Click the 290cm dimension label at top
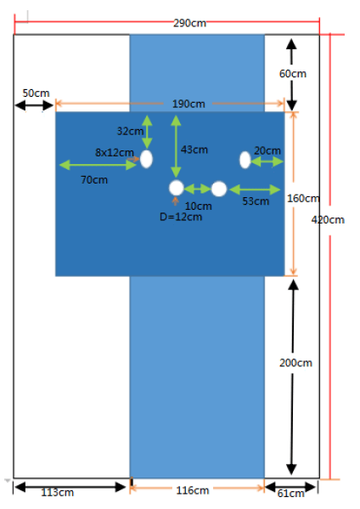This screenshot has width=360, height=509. (189, 23)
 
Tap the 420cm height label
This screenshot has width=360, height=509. (328, 220)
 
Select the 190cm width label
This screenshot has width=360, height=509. (188, 104)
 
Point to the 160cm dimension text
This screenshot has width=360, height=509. (303, 198)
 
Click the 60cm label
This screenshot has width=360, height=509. (293, 74)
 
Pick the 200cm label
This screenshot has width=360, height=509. (295, 363)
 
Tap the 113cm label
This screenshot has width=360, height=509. (58, 493)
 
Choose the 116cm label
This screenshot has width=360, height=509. (193, 490)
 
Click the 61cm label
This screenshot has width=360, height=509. (291, 494)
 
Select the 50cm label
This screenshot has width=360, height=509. (36, 93)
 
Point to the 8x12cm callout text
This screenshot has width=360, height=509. (115, 153)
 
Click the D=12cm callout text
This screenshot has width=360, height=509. (181, 217)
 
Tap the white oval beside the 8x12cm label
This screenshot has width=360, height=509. (146, 159)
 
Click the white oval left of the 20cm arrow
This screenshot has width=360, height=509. (245, 160)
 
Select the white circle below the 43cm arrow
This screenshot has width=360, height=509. (177, 188)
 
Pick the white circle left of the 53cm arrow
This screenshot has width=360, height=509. (219, 189)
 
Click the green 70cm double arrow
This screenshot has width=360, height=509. (98, 165)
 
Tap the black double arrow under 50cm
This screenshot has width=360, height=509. (34, 105)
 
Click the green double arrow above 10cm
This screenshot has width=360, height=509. (198, 189)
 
